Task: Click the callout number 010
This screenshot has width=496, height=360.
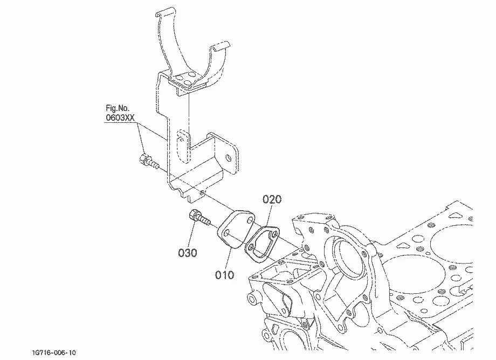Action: [225, 275]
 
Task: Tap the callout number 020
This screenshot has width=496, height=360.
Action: [272, 199]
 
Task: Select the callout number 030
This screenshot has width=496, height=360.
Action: [188, 253]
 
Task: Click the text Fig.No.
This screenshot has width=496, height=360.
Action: [118, 108]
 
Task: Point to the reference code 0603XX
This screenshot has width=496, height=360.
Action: [120, 117]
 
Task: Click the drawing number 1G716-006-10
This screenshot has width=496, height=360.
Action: [54, 352]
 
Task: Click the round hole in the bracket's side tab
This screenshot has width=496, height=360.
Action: [229, 158]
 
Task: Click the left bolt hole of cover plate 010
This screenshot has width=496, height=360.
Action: [227, 234]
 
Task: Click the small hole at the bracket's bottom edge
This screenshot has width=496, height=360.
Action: [202, 192]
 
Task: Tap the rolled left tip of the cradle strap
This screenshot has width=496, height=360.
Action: [165, 12]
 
